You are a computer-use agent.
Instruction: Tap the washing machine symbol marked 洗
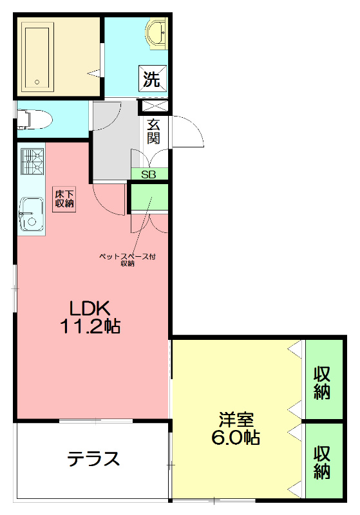coord(151,80)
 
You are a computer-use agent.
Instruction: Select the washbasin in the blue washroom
coord(156,32)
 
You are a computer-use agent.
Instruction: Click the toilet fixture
coord(35,118)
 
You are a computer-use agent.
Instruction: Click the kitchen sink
coord(30,213)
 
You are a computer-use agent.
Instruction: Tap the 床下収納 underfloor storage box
coord(64,198)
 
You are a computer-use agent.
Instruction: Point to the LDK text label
coord(90,307)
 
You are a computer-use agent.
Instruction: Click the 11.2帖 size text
coord(90,326)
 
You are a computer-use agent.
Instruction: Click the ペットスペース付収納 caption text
coord(127,259)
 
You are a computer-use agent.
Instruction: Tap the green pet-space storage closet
coord(149,197)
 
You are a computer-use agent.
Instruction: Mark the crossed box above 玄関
coord(154,108)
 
